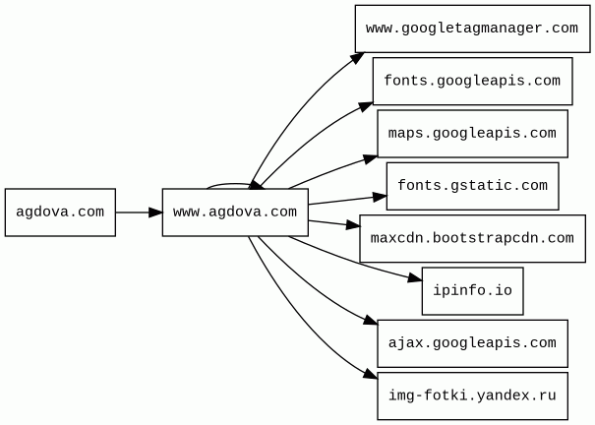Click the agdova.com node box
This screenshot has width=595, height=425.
(60, 212)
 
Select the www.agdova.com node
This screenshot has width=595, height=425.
(235, 212)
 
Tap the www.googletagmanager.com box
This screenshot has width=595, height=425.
(471, 29)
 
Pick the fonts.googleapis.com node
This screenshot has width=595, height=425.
(472, 81)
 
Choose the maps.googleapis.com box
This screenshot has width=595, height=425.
(472, 134)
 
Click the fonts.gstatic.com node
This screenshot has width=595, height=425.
(472, 186)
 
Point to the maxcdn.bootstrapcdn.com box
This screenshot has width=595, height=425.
(472, 238)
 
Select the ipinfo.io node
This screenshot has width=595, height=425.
(472, 291)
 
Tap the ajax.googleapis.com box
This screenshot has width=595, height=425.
(472, 343)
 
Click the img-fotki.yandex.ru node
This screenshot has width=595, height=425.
(472, 396)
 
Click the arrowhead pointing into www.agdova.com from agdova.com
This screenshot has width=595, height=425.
(156, 212)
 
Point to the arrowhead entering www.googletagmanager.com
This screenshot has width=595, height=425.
(360, 55)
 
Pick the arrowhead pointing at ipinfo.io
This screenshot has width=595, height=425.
(416, 279)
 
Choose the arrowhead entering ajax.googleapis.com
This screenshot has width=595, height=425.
(371, 325)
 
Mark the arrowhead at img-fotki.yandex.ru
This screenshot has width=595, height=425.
(371, 377)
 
